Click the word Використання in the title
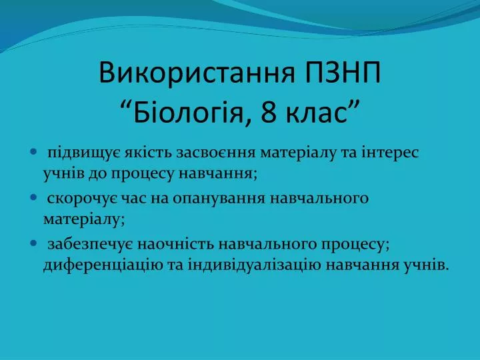tap(197, 73)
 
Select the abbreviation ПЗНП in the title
tap(343, 73)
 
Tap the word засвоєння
tap(215, 153)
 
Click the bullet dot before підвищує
tap(34, 151)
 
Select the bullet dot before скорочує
tap(34, 197)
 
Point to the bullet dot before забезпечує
tap(34, 243)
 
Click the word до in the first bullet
tap(97, 174)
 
